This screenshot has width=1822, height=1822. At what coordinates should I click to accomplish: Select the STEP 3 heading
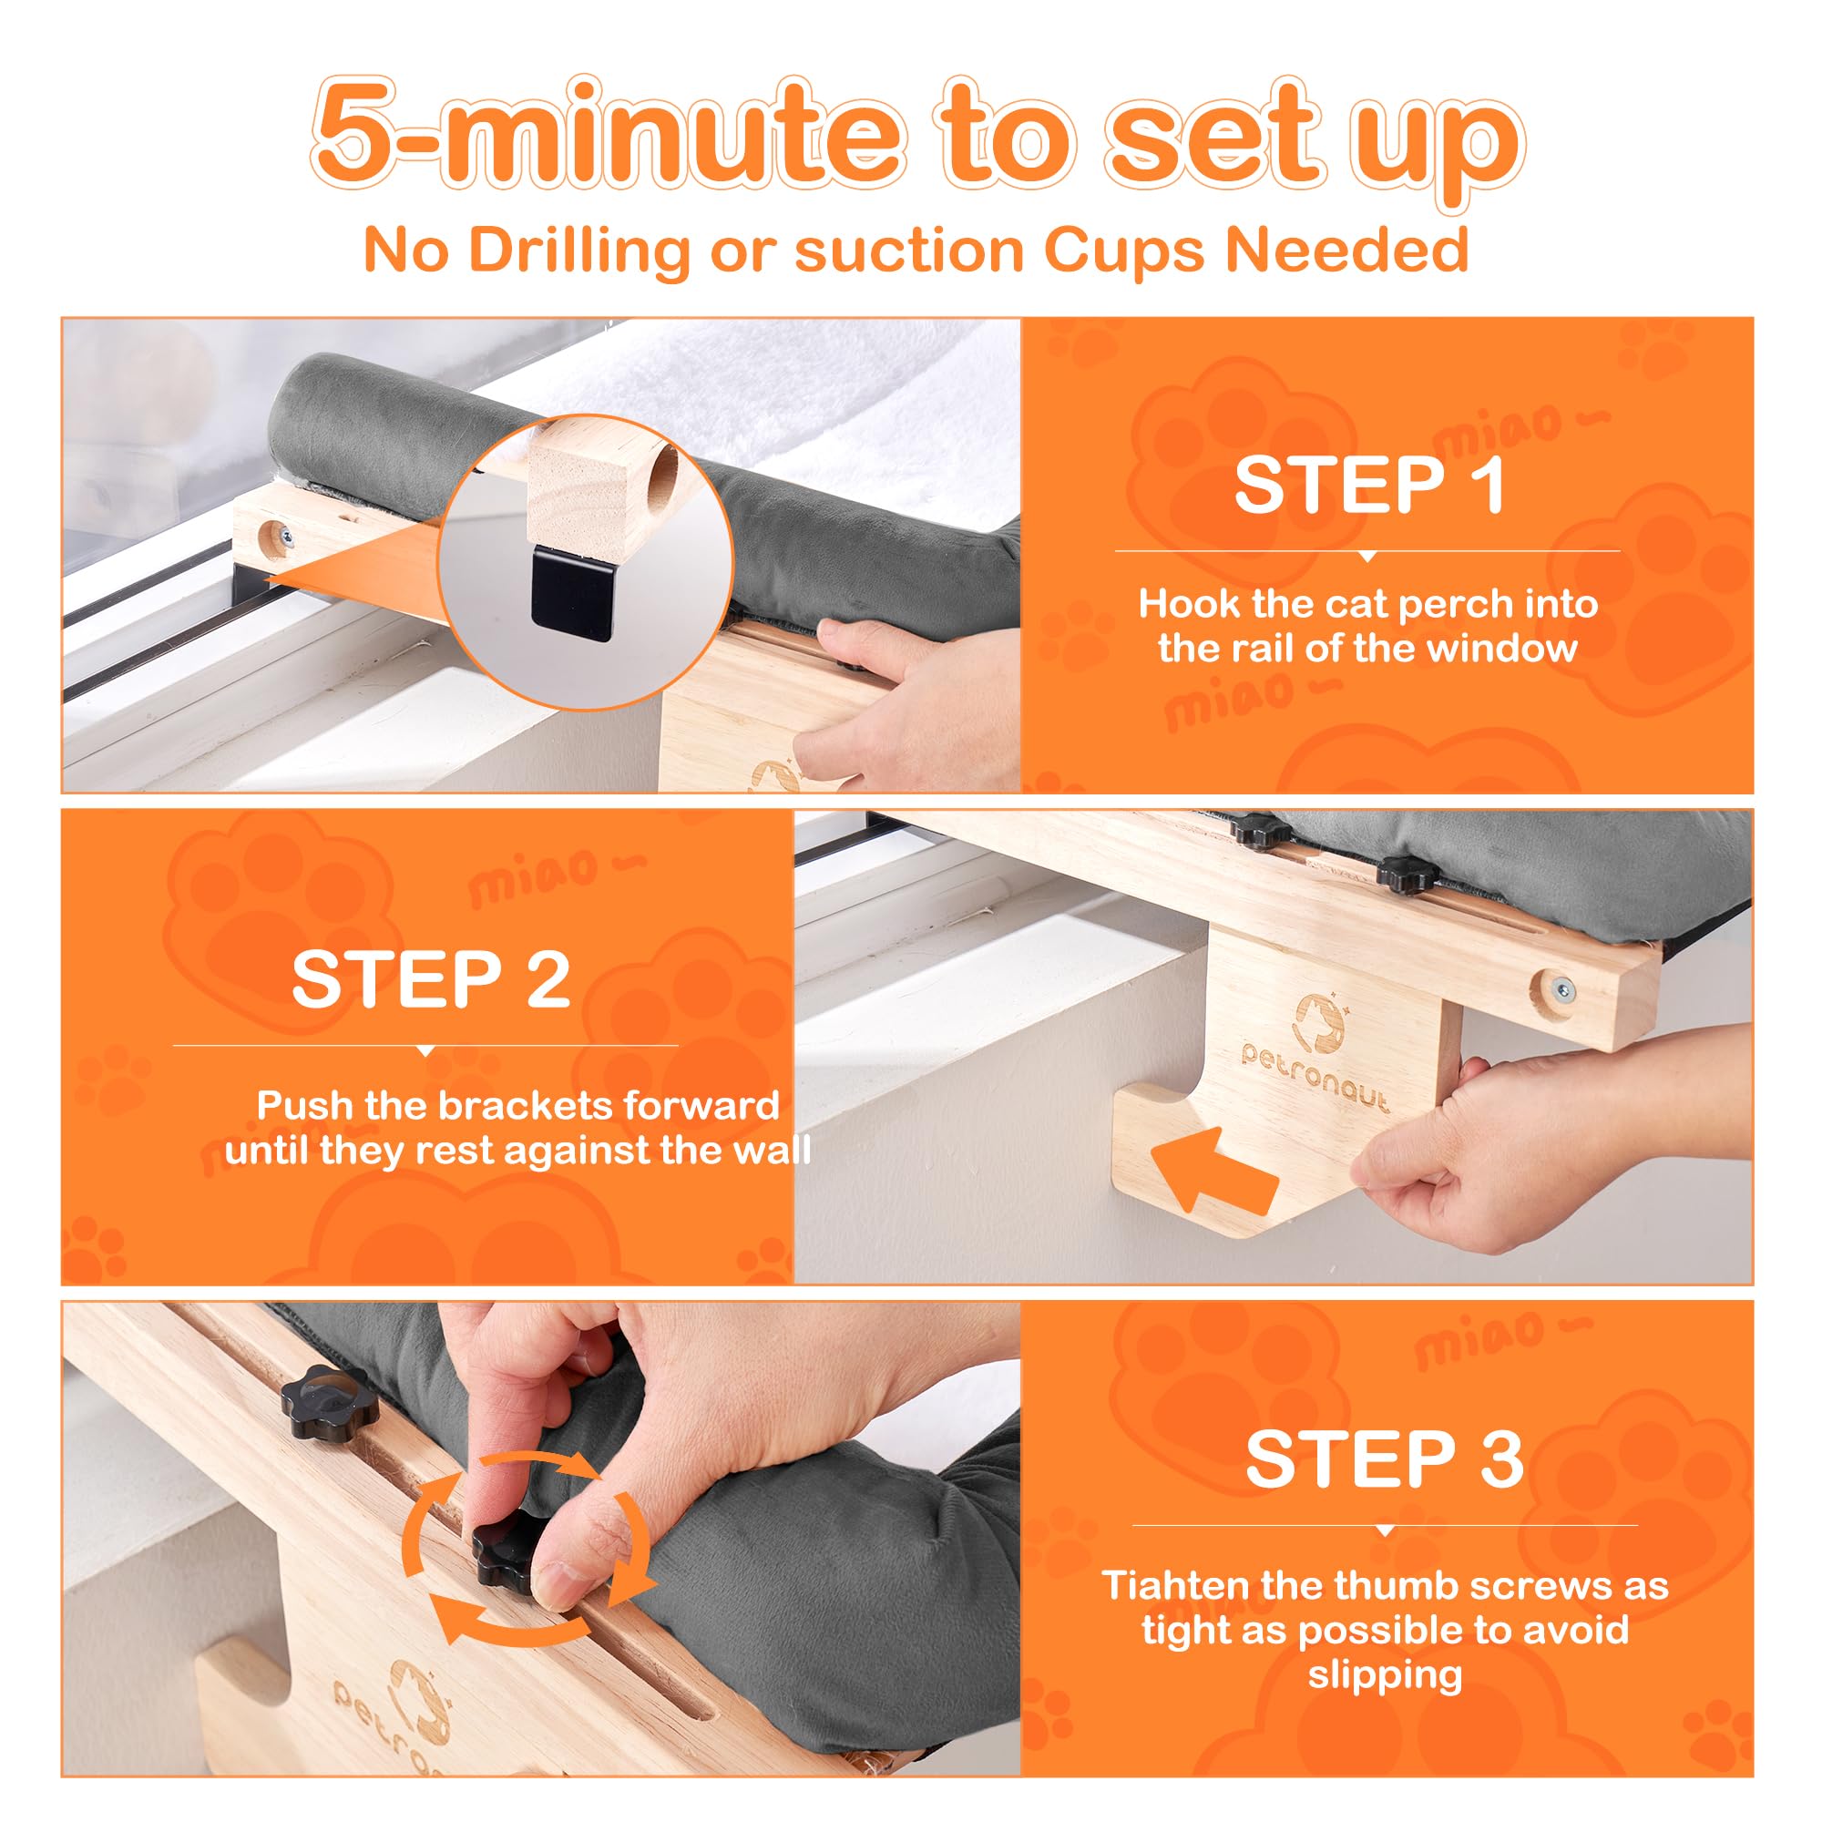tap(1385, 1459)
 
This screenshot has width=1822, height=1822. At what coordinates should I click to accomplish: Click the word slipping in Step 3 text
tap(1385, 1674)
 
